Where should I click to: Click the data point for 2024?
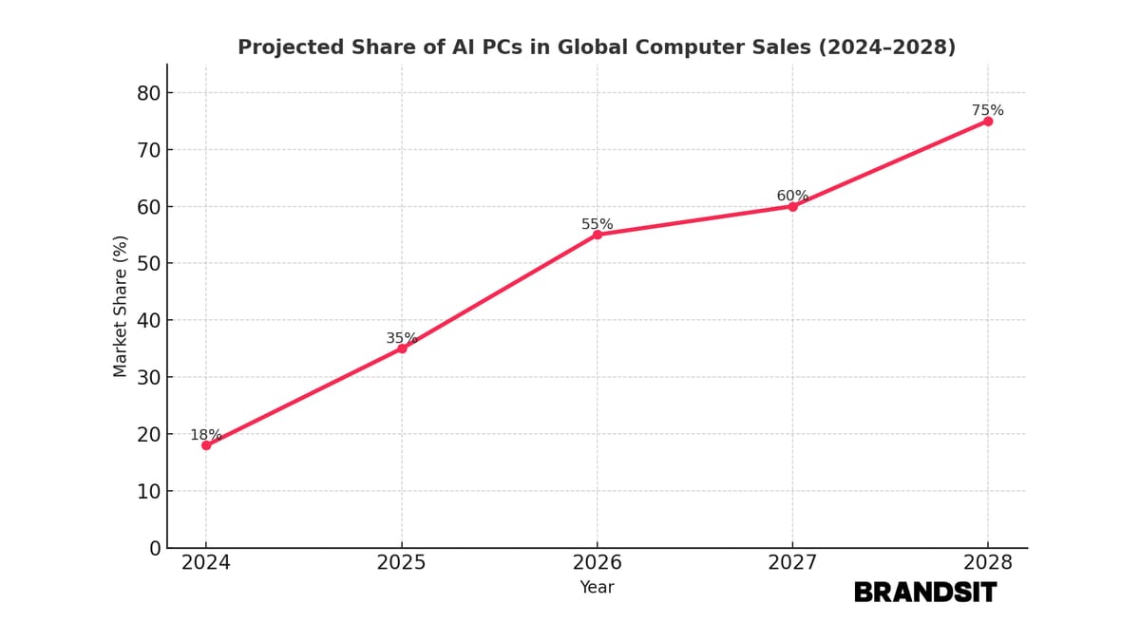click(206, 445)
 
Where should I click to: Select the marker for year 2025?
click(402, 349)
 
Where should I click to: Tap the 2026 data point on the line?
click(598, 235)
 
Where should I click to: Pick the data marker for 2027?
click(792, 206)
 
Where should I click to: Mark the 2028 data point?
click(988, 121)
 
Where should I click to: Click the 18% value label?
click(206, 435)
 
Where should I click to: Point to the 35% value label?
click(402, 338)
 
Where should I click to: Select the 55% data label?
click(598, 224)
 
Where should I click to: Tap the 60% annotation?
click(792, 196)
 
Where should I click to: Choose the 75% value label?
click(987, 110)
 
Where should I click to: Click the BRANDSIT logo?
click(925, 593)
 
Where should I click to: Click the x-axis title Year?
click(597, 588)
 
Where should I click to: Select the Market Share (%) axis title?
click(121, 306)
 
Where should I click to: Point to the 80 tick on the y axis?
click(148, 93)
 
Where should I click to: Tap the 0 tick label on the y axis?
click(155, 548)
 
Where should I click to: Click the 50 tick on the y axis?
click(148, 263)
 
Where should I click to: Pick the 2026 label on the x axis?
click(597, 563)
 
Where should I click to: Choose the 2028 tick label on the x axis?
click(988, 563)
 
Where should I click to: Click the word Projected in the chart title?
click(282, 47)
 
